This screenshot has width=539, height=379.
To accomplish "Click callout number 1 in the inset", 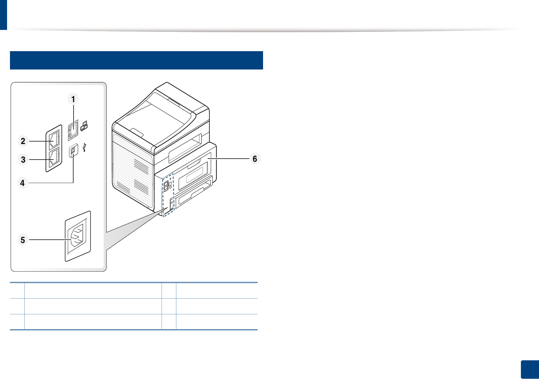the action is pyautogui.click(x=73, y=99).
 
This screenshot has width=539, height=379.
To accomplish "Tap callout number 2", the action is pyautogui.click(x=23, y=141).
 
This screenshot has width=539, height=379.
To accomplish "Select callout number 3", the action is pyautogui.click(x=23, y=159).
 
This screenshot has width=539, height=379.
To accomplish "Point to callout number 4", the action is pyautogui.click(x=22, y=183).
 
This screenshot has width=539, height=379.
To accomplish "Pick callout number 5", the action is pyautogui.click(x=23, y=240).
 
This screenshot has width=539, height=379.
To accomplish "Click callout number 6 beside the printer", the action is pyautogui.click(x=255, y=159).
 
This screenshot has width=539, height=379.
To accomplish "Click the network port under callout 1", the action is pyautogui.click(x=73, y=130).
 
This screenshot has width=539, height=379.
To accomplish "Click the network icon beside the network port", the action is pyautogui.click(x=84, y=126).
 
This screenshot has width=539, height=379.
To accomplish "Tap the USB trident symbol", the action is pyautogui.click(x=84, y=148).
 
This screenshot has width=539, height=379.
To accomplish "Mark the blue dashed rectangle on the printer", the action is pyautogui.click(x=168, y=195).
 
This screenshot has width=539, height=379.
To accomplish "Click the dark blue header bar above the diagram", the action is pyautogui.click(x=137, y=60).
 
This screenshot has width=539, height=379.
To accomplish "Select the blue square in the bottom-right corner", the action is pyautogui.click(x=529, y=370).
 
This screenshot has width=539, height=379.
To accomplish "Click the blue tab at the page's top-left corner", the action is pyautogui.click(x=3, y=14).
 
